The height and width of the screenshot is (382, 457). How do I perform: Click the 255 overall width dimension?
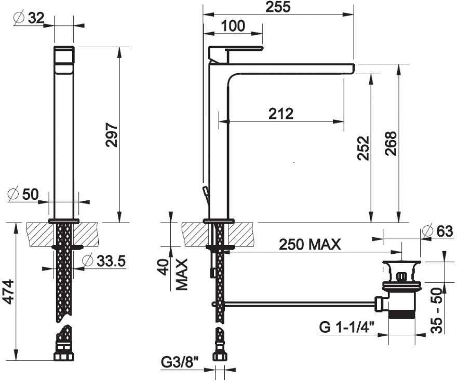278,7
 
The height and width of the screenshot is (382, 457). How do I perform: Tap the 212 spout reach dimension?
280,114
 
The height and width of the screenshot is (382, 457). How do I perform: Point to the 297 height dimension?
112,134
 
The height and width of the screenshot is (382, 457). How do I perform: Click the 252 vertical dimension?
364,148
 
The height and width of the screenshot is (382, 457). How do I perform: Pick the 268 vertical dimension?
391,143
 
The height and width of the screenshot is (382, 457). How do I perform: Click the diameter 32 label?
29,18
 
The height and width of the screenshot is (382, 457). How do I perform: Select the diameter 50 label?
23,194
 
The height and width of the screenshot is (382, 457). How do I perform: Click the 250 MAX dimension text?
310,244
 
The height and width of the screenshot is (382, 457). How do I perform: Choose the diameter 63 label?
437,231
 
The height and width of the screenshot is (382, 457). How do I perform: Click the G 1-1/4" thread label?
346,327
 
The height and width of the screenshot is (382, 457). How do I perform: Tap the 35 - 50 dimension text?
436,310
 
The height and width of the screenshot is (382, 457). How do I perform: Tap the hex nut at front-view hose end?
64,357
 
